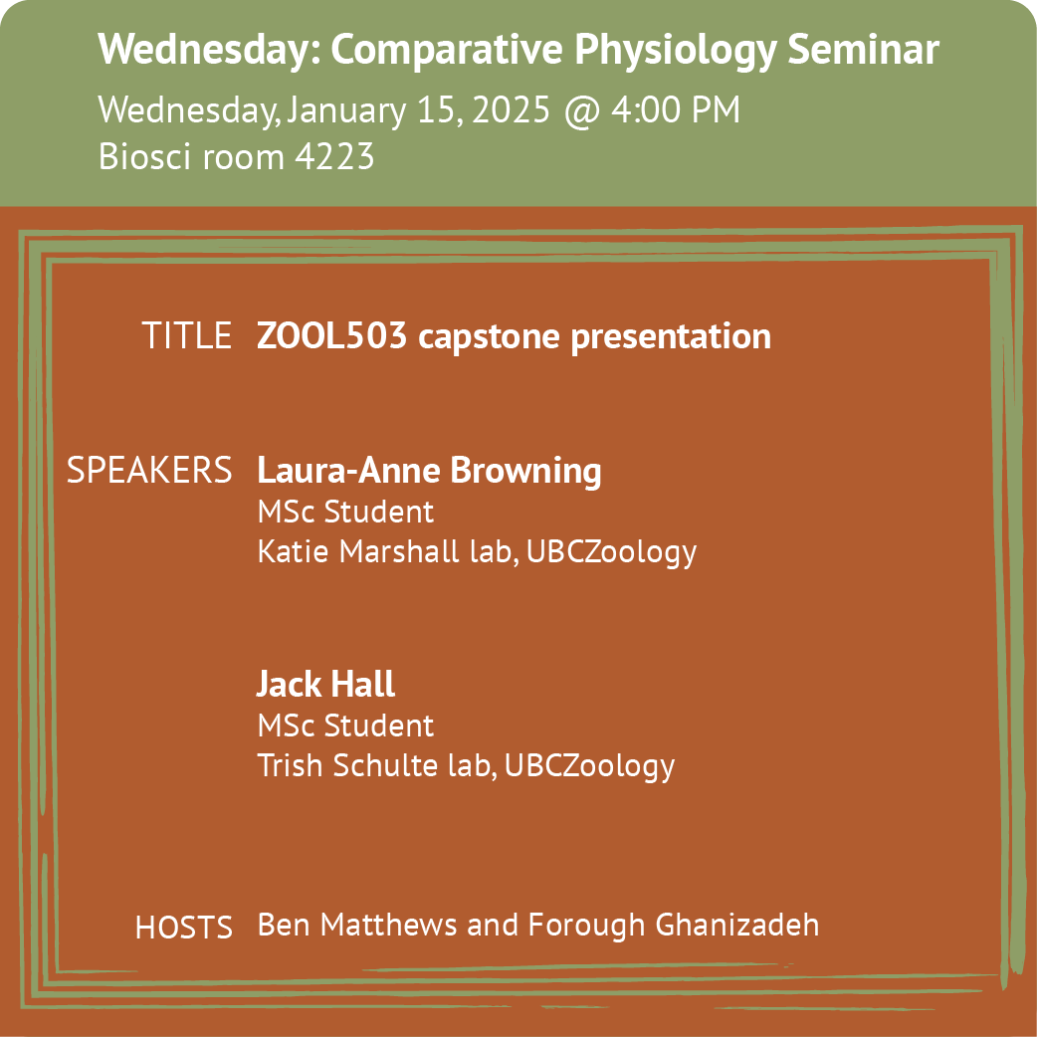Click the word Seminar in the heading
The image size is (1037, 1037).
point(863,49)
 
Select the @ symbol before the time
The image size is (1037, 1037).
point(582,110)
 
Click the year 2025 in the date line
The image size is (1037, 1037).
point(511,109)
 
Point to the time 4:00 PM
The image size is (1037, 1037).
point(675,109)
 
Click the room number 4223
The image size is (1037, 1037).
point(334,156)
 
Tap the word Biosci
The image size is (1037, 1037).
point(145,156)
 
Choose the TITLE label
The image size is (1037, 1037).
point(186,335)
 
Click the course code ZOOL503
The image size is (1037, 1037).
point(331,335)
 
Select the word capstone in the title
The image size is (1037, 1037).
point(490,338)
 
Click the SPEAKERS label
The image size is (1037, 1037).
point(149,470)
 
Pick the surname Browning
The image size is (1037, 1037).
point(525,472)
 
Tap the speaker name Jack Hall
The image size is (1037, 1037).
point(325,684)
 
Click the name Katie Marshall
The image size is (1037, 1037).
point(358,551)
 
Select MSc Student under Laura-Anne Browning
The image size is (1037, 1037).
point(345,512)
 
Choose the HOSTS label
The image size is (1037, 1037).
point(184,928)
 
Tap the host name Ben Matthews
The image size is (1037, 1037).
point(356,925)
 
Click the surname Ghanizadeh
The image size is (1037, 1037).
point(736,925)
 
